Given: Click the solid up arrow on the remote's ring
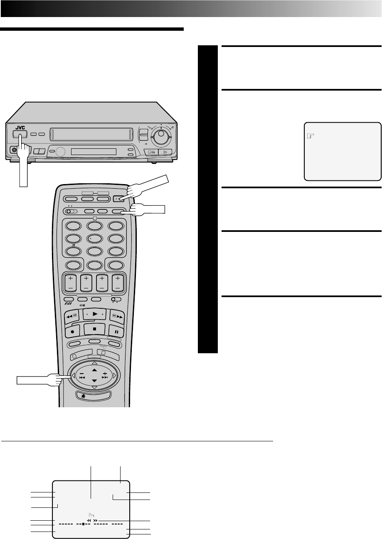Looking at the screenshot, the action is pyautogui.click(x=94, y=369).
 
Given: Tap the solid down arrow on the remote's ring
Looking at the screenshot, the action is pyautogui.click(x=94, y=380).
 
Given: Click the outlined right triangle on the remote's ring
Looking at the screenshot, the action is pyautogui.click(x=113, y=375).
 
